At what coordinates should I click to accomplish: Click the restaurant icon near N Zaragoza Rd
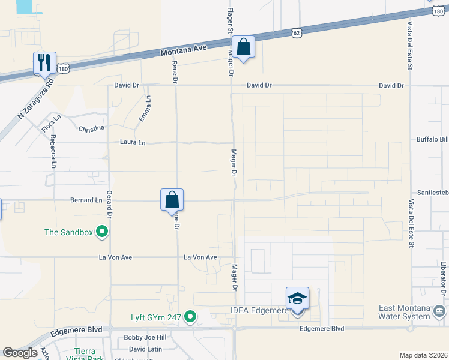[44, 62]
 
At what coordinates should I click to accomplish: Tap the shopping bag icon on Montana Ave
[243, 47]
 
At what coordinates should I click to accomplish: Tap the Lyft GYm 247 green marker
[190, 316]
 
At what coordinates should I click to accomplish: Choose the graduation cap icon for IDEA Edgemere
[297, 298]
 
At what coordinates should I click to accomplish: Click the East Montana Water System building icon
[439, 311]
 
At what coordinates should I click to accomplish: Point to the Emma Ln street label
[145, 110]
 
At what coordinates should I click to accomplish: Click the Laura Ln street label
[133, 143]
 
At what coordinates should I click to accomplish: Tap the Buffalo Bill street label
[432, 139]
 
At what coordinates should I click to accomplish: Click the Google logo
[20, 353]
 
